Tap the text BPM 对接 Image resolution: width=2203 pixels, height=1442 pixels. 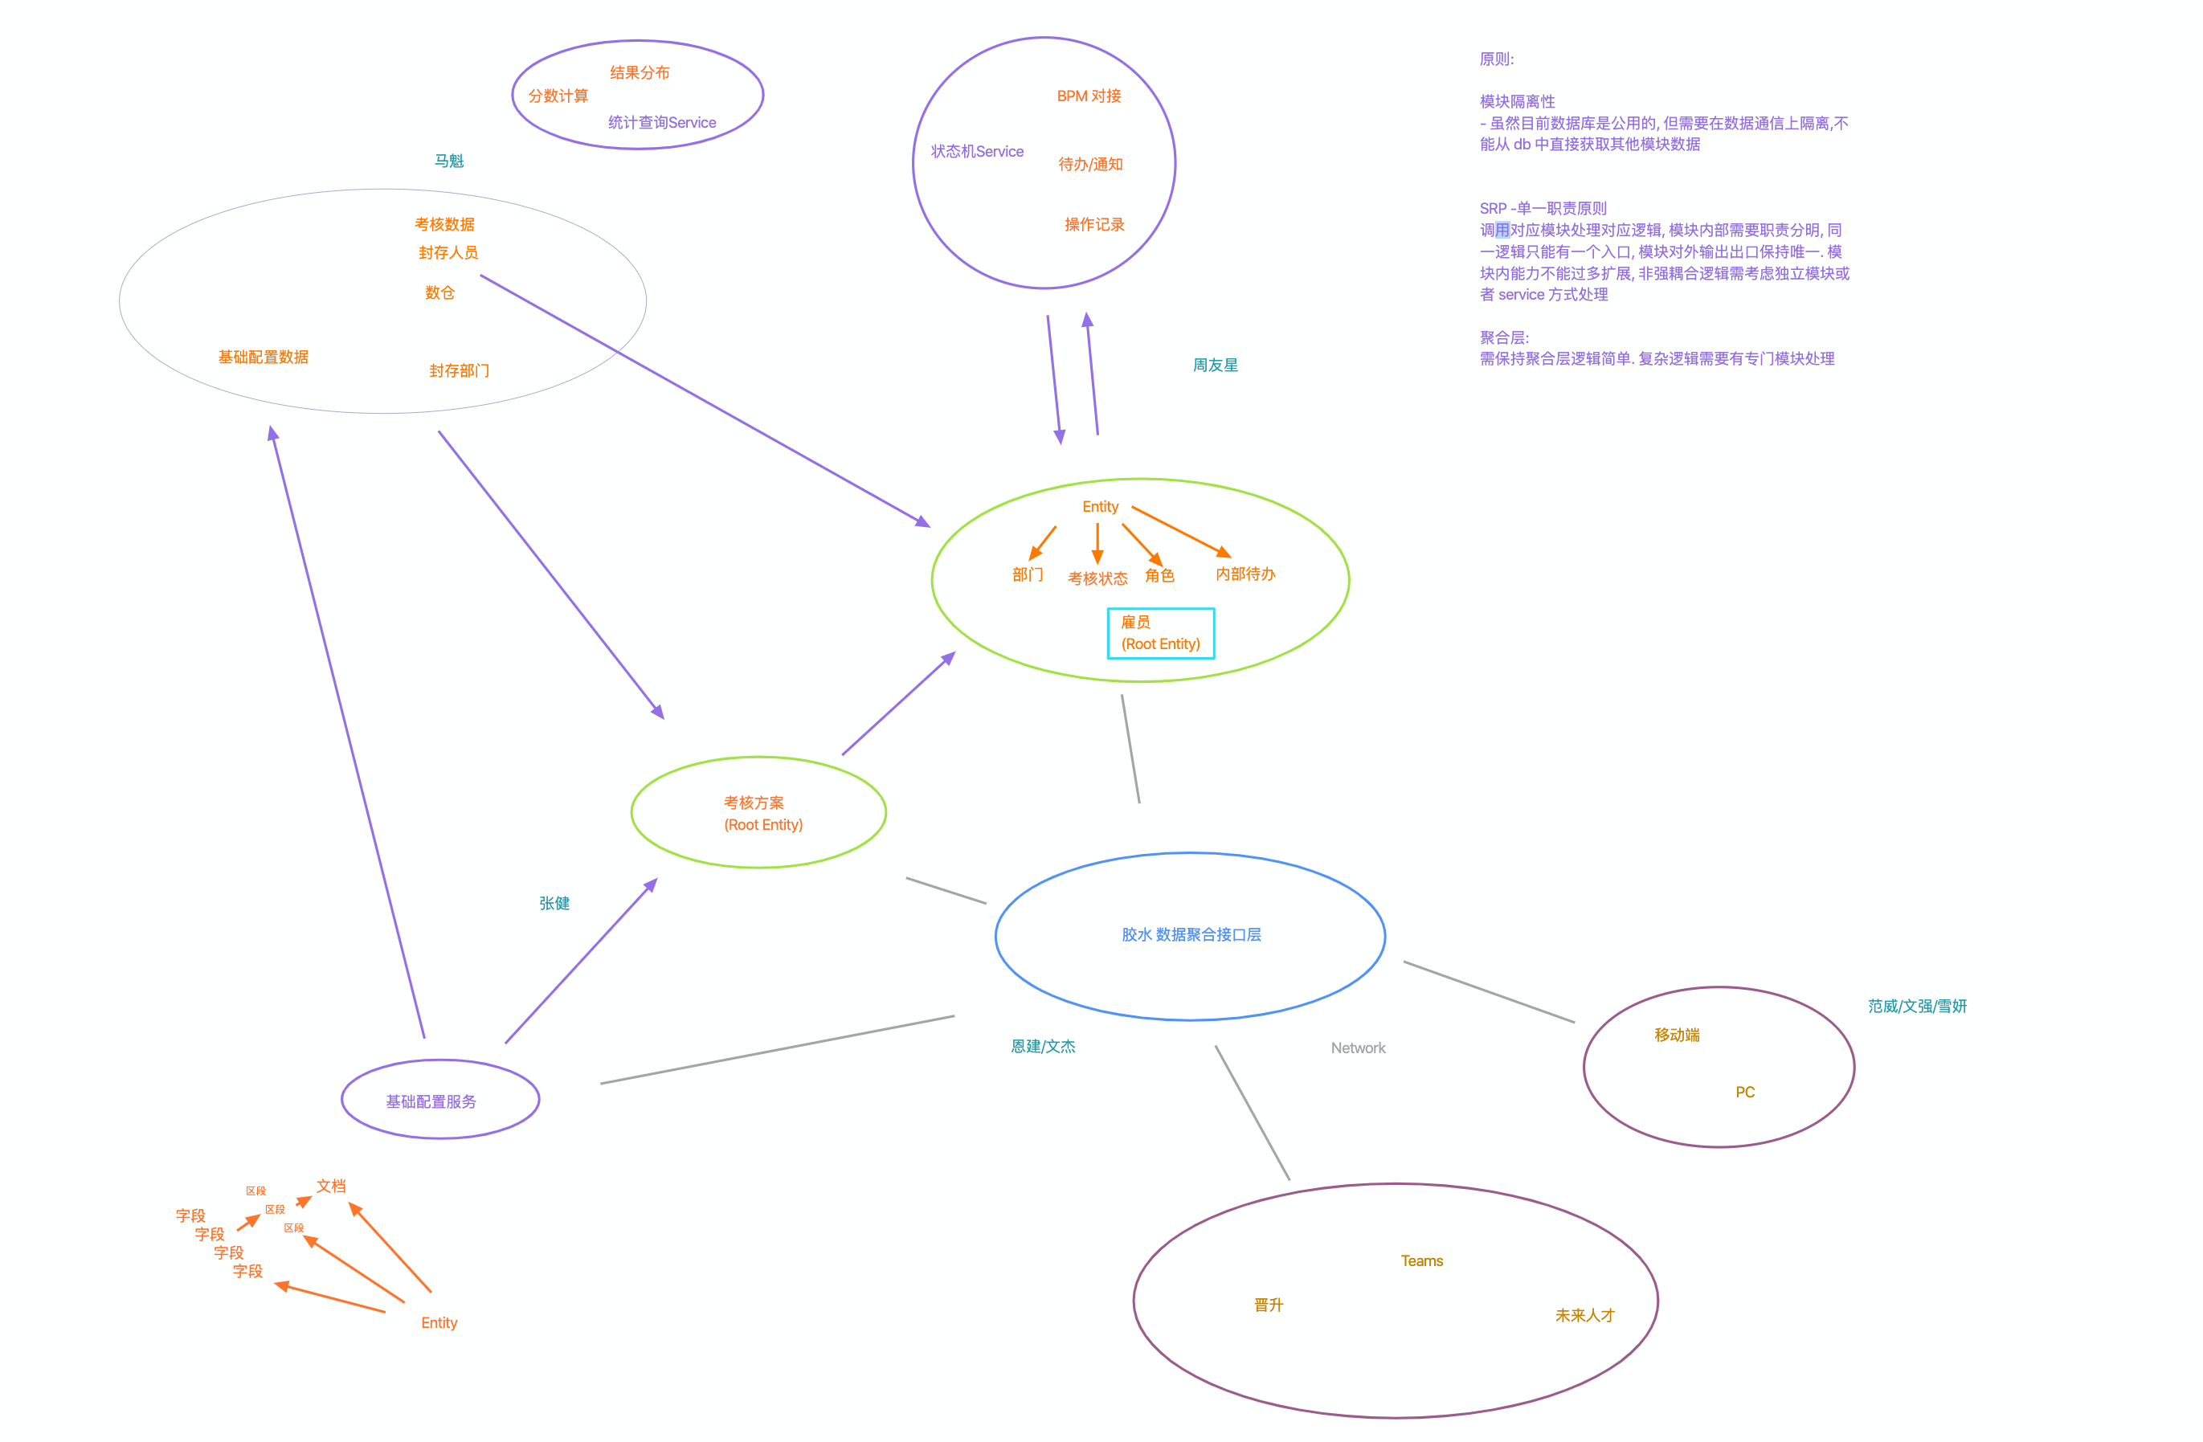(x=1089, y=96)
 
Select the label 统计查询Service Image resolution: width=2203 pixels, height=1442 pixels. (x=662, y=122)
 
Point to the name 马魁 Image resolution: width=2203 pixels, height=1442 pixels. (x=449, y=161)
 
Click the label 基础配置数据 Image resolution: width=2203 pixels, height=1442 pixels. (x=263, y=357)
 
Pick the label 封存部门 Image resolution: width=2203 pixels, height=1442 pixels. (x=459, y=371)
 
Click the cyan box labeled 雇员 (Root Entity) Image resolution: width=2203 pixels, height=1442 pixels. (x=1160, y=633)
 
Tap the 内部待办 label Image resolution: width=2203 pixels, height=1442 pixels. (x=1245, y=574)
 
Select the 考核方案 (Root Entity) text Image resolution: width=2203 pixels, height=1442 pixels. (x=762, y=814)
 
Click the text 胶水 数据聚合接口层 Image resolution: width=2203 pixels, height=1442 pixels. (x=1191, y=935)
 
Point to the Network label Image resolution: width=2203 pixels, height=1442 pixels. (x=1358, y=1048)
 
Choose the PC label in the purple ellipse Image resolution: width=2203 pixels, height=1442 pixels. (x=1745, y=1092)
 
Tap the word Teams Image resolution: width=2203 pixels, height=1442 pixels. (x=1422, y=1260)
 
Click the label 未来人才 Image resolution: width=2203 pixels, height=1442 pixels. (x=1584, y=1315)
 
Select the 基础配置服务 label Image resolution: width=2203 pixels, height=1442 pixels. (x=431, y=1101)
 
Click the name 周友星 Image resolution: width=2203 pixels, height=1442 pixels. (x=1215, y=366)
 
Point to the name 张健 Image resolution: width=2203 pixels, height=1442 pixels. (x=554, y=903)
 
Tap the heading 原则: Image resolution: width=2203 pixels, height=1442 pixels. (x=1496, y=59)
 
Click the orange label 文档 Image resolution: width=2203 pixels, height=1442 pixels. (x=331, y=1186)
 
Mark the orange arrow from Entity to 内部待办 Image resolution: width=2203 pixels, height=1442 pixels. (x=1180, y=531)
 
